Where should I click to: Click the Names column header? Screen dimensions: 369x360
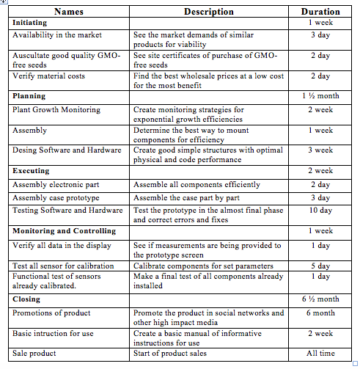pos(69,12)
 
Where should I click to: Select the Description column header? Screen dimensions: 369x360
pos(208,12)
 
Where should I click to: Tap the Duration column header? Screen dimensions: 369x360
pos(320,12)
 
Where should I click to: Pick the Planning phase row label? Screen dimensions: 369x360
pos(29,96)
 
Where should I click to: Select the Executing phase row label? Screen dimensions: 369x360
pos(31,170)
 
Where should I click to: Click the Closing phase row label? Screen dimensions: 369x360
pos(26,299)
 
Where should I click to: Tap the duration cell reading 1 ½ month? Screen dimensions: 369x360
pos(320,96)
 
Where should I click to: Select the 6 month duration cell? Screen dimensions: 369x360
pos(320,313)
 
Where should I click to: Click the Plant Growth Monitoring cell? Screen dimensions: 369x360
pos(56,110)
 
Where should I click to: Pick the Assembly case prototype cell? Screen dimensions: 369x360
pos(56,198)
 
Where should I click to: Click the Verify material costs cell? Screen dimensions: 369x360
pos(49,76)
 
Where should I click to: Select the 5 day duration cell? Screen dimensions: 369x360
pos(320,266)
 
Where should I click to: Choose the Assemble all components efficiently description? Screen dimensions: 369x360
pos(197,185)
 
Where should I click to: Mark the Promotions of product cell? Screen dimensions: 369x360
pos(51,313)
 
